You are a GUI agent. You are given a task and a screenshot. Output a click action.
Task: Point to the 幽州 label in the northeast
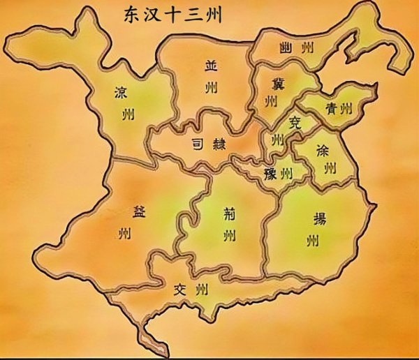click(x=296, y=48)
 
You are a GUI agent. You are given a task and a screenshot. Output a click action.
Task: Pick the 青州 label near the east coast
click(x=339, y=108)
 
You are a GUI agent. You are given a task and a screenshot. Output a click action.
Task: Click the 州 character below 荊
click(x=228, y=234)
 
